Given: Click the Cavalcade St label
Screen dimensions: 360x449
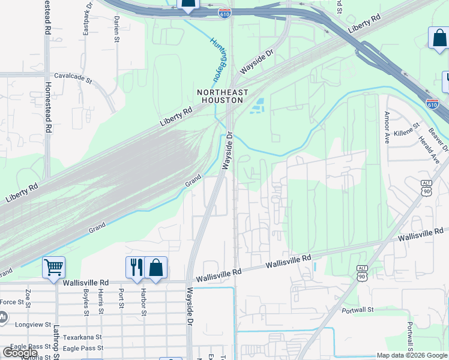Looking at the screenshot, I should (73, 78).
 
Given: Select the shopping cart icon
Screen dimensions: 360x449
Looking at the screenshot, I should (53, 266).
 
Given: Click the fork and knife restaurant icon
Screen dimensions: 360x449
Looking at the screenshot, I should (134, 266).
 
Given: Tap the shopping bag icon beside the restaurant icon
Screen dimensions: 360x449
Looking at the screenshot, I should (155, 266).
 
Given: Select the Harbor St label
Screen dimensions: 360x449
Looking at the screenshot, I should (144, 302).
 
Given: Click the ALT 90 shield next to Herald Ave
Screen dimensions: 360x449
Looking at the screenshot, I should (426, 188).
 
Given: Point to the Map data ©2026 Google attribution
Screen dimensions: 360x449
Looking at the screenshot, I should (412, 355).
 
